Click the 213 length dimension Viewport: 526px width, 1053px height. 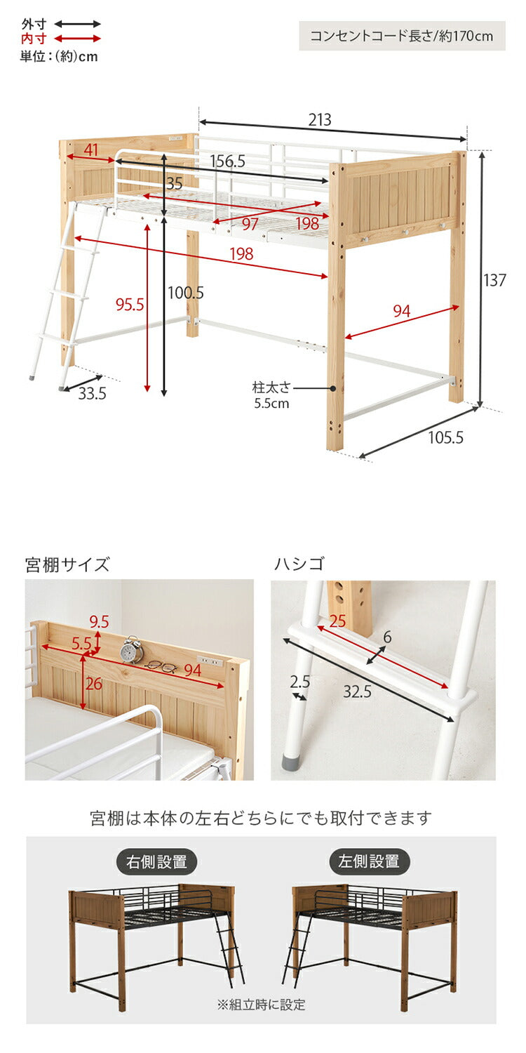point(320,120)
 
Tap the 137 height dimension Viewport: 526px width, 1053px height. point(494,280)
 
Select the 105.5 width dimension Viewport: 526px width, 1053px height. point(446,438)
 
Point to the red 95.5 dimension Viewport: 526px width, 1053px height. point(130,304)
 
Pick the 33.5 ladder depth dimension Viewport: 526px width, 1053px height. point(92,394)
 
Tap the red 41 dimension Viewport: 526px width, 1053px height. point(91,150)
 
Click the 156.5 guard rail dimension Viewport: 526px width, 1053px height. point(228,161)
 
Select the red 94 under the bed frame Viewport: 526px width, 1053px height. point(401,311)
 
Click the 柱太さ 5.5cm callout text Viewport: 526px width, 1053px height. point(271,395)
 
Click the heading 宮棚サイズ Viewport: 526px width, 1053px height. point(67,564)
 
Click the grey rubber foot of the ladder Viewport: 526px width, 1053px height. point(290,762)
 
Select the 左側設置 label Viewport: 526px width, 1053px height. point(369,862)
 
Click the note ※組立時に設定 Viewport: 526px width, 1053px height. point(261,1005)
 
